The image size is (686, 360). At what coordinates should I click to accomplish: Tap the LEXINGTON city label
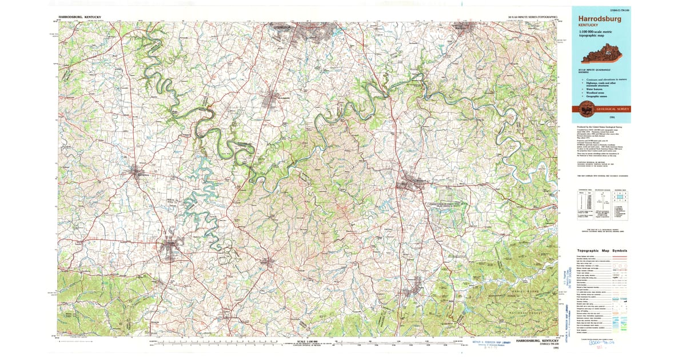pyautogui.click(x=281, y=27)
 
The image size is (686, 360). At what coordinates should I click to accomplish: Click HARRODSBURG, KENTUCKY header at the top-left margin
pyautogui.click(x=80, y=18)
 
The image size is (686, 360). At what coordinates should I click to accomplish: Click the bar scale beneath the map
pyautogui.click(x=309, y=344)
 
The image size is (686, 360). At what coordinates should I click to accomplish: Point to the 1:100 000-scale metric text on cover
pyautogui.click(x=597, y=31)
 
